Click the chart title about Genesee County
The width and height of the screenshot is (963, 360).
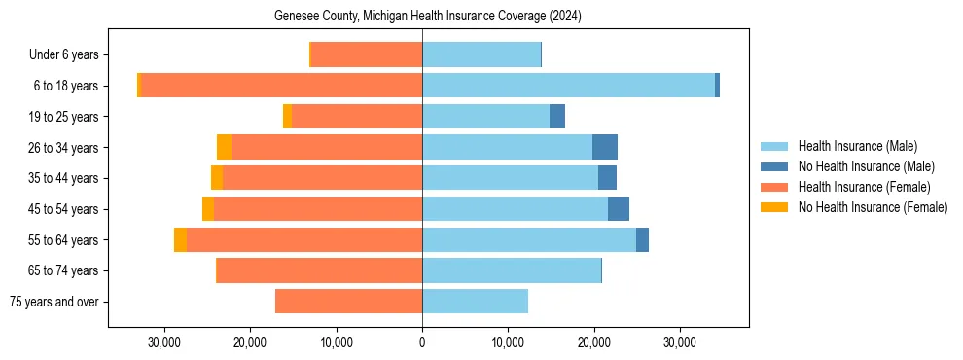pyautogui.click(x=422, y=16)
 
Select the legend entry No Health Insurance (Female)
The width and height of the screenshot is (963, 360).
pyautogui.click(x=873, y=207)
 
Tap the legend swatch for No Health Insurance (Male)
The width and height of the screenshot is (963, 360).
pyautogui.click(x=774, y=166)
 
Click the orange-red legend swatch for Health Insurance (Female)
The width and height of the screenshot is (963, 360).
pyautogui.click(x=774, y=187)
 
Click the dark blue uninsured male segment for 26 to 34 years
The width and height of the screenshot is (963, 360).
pyautogui.click(x=605, y=148)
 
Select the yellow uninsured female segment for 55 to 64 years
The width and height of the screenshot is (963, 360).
pyautogui.click(x=180, y=240)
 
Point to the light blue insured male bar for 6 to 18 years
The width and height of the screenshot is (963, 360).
pyautogui.click(x=568, y=86)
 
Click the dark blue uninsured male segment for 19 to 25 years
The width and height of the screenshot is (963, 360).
pyautogui.click(x=557, y=117)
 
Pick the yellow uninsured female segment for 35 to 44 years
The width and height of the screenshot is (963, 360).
pyautogui.click(x=217, y=178)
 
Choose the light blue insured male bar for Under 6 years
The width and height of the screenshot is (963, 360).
pyautogui.click(x=481, y=55)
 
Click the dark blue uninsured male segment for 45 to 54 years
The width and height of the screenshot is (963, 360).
pyautogui.click(x=619, y=209)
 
